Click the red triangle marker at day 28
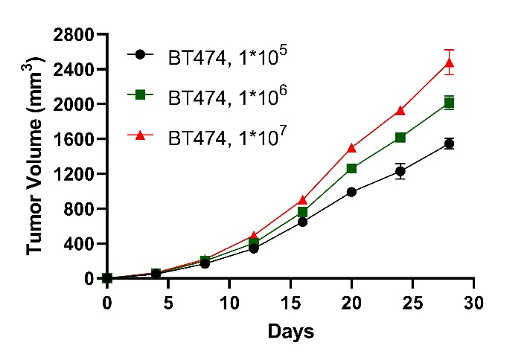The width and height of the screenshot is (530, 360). pos(449,63)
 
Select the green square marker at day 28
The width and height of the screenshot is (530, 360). pos(449,103)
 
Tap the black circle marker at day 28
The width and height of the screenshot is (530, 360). pos(449,144)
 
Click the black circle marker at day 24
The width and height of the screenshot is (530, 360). pos(400,171)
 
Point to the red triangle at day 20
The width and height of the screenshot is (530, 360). pos(351,148)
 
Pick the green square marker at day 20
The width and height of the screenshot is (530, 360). pos(351,169)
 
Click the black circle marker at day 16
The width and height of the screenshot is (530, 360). pos(302,222)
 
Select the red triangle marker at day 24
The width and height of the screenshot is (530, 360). pos(400,111)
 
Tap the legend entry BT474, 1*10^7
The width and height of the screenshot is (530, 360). pos(215,138)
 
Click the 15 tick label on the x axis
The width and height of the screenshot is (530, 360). pos(290,303)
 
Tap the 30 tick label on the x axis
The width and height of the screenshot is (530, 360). pos(473,303)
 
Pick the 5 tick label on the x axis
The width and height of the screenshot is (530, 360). pos(168,303)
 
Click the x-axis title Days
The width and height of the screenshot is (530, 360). pos(290,331)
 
